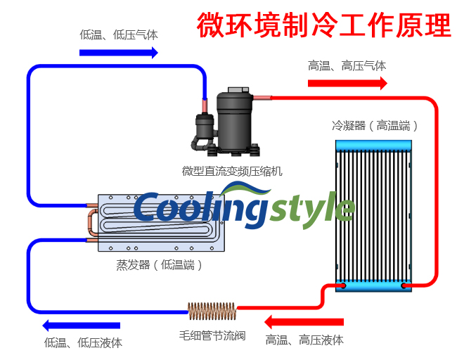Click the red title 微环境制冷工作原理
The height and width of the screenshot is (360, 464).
tap(324, 25)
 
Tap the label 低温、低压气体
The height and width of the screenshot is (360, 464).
tap(119, 34)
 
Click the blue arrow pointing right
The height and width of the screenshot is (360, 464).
tap(119, 52)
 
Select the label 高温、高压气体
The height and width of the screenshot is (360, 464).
tap(347, 65)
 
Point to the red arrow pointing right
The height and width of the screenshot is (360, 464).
tap(347, 83)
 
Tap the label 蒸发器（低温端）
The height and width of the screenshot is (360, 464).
tap(160, 265)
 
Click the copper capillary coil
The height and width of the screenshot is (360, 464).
tap(211, 309)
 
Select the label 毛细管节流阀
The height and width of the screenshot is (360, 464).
tap(212, 335)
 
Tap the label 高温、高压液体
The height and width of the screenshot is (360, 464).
tap(304, 340)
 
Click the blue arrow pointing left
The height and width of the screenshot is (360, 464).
tap(81, 325)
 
